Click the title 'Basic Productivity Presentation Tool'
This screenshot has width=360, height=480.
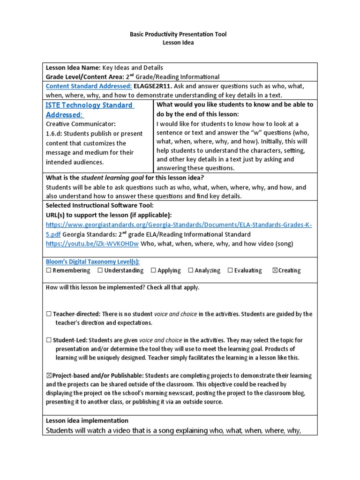[180, 34]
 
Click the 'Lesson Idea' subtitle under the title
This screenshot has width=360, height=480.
[180, 43]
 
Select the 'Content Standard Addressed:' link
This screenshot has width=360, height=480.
[89, 86]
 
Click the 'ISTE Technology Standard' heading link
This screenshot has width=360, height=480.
[89, 105]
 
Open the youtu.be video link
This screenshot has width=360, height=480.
[92, 244]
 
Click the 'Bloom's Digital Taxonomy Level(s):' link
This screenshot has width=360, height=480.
[92, 262]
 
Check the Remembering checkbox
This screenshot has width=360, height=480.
[48, 270]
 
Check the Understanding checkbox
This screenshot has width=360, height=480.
[100, 270]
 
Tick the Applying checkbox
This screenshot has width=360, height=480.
[153, 270]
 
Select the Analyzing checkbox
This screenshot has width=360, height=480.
[190, 270]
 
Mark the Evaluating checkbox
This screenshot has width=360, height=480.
[230, 270]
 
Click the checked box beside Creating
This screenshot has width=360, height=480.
[275, 270]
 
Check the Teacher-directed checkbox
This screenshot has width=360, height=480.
[48, 314]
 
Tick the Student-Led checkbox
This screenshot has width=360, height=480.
[48, 340]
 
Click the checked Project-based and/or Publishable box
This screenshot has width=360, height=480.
[48, 376]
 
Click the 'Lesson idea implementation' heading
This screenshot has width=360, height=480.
[87, 420]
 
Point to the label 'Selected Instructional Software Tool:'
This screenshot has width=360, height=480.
[99, 206]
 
